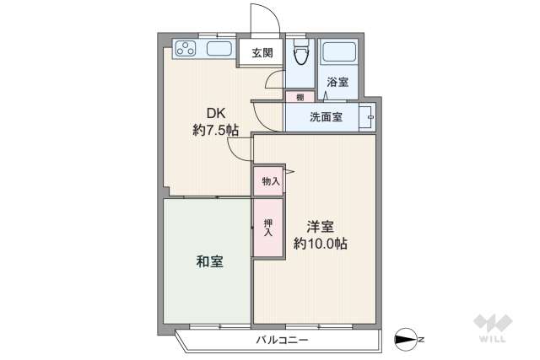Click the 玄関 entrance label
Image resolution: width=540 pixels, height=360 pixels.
[x=262, y=53]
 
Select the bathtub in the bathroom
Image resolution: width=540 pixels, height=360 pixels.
[x=339, y=53]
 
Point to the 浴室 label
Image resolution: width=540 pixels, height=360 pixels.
[x=337, y=82]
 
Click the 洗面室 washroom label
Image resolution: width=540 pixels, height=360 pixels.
[x=325, y=117]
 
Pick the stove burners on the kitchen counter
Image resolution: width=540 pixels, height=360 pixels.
[x=185, y=50]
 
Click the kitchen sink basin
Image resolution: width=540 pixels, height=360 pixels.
[x=219, y=50]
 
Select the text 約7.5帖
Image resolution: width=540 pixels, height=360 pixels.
[x=215, y=131]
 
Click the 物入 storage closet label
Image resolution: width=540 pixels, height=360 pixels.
[x=270, y=181]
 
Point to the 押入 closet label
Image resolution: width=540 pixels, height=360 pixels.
[x=269, y=226]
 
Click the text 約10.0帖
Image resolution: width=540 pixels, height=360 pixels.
[x=321, y=244]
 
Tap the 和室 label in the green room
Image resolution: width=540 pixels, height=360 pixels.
[x=210, y=261]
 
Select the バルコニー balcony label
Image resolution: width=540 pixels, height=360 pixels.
[x=282, y=341]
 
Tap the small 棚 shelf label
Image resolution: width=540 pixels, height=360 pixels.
[x=300, y=97]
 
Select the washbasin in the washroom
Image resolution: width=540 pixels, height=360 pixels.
[x=366, y=116]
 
